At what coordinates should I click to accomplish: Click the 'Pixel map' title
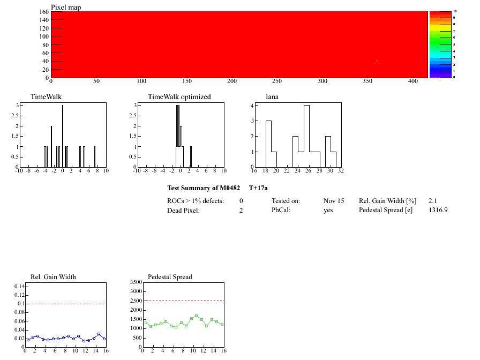click(66, 7)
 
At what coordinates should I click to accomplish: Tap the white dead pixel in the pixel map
click(377, 61)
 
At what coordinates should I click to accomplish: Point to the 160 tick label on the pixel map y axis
click(44, 12)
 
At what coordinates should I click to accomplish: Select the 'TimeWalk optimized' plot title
click(179, 97)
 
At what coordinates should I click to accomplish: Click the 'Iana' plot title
click(273, 97)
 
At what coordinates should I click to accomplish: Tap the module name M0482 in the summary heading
click(229, 188)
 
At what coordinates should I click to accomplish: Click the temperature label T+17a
click(258, 188)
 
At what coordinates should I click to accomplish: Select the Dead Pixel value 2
click(241, 211)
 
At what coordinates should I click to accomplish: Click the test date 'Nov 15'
click(334, 201)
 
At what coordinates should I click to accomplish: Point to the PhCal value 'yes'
click(328, 211)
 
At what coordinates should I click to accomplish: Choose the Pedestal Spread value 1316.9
click(438, 211)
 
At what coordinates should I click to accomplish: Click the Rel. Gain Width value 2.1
click(433, 201)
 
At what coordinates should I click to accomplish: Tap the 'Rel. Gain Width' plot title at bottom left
click(53, 277)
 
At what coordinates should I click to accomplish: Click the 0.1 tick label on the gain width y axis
click(21, 304)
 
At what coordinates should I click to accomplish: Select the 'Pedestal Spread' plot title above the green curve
click(170, 277)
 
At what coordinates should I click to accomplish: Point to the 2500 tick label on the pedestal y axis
click(135, 301)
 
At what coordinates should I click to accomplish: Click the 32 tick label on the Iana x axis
click(340, 171)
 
